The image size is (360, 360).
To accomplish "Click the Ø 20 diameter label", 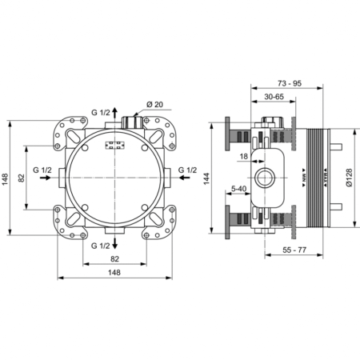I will tap(155, 105).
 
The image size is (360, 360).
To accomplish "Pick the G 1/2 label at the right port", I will tap(189, 170).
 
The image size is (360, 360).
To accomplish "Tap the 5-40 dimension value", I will tap(238, 189).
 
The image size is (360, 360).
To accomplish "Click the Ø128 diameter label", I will tap(349, 174).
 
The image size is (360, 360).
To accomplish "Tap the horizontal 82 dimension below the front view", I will tap(115, 258).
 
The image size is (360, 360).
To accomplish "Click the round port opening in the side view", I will tap(263, 176).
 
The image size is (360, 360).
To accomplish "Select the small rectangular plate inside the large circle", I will tap(114, 146).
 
